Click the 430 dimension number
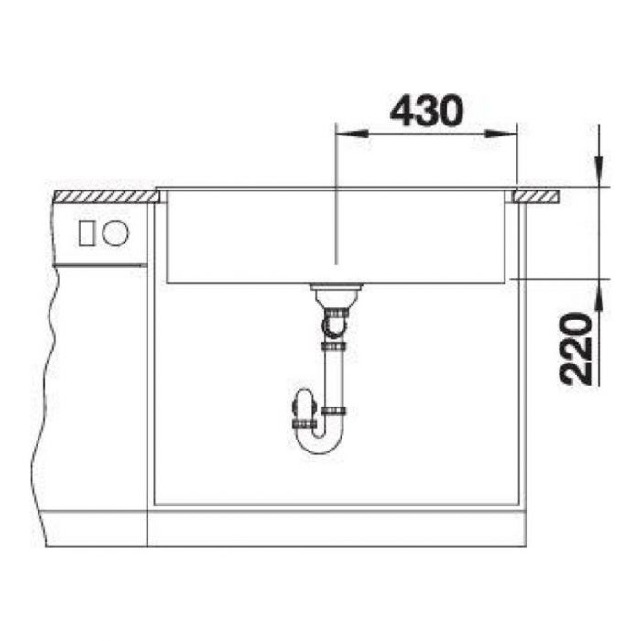427,111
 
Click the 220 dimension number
576,349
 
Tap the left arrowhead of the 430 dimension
352,134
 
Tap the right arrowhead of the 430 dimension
501,134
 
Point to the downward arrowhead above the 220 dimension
599,171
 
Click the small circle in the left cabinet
115,233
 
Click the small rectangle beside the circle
87,233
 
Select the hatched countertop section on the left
106,197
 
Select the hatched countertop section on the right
537,197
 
